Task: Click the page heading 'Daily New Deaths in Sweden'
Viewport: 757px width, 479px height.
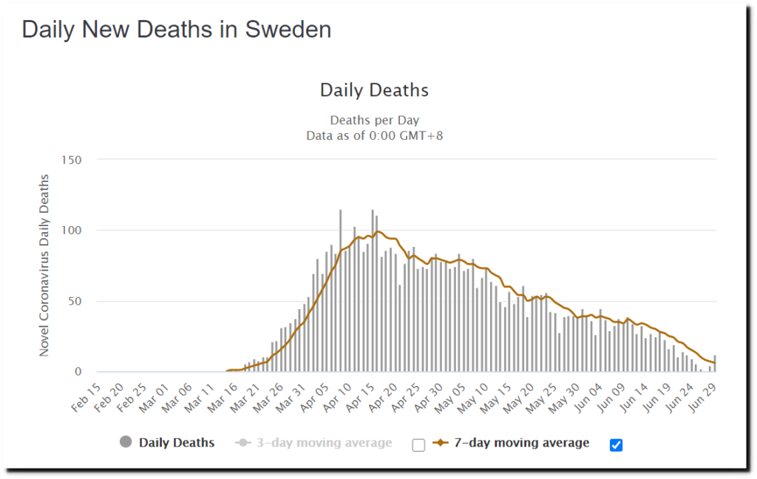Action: (176, 30)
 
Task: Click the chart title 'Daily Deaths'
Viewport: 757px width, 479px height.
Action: (374, 90)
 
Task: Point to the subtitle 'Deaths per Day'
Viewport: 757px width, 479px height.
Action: (374, 120)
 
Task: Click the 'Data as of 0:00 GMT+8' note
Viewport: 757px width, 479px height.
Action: (374, 135)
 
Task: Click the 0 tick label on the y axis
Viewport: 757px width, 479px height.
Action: (77, 372)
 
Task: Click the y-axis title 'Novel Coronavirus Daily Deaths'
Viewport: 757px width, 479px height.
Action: (45, 265)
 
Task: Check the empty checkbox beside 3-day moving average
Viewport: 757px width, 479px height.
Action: (418, 445)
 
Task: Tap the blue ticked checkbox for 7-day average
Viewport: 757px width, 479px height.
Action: (616, 445)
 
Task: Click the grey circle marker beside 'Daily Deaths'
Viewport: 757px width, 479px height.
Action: (126, 443)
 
